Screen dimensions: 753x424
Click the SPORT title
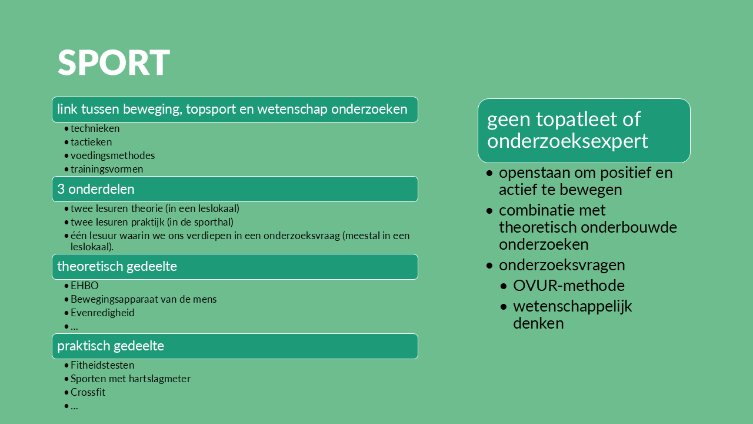(114, 62)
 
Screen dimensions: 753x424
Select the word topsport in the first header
(211, 110)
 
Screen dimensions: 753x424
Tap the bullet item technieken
(95, 128)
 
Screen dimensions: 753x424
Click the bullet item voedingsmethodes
(112, 155)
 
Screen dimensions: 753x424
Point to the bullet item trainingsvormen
(107, 169)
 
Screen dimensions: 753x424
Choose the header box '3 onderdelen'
(235, 189)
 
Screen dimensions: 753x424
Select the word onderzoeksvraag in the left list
(302, 236)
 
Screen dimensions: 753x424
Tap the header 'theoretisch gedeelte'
(235, 267)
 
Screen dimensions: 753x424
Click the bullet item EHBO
(84, 286)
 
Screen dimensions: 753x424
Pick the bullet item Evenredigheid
(102, 313)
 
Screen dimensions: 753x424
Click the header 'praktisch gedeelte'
(235, 346)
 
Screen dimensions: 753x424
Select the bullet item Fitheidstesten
(102, 365)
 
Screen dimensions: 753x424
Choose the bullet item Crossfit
(88, 392)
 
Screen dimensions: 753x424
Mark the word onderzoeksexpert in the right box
(568, 141)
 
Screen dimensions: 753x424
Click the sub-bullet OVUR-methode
(569, 286)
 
